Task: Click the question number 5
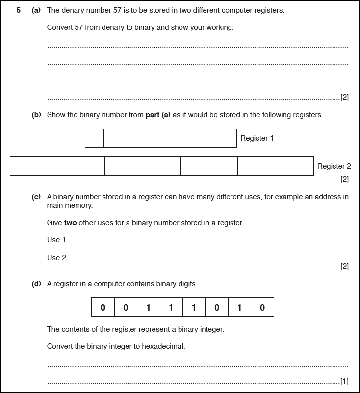point(18,10)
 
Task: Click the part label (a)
point(36,10)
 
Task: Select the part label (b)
point(36,115)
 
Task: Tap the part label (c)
point(36,197)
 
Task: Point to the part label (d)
point(36,284)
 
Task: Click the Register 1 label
point(257,138)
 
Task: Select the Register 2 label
point(334,166)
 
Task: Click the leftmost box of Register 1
point(94,138)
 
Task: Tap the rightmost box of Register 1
point(228,138)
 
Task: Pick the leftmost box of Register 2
point(20,166)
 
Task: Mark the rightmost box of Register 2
point(304,166)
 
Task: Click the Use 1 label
point(56,240)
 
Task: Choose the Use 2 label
point(56,258)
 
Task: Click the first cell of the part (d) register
point(103,308)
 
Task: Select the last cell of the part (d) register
point(262,308)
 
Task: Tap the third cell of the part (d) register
point(149,308)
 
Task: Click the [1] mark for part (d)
point(344,381)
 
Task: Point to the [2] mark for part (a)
point(344,97)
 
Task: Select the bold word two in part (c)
point(70,223)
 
